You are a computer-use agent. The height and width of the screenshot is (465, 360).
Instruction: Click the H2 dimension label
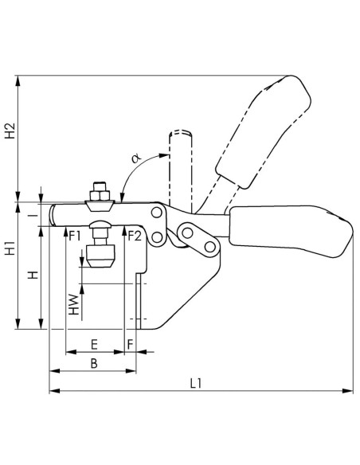tap(10, 131)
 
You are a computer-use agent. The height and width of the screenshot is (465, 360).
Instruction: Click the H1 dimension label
tap(10, 248)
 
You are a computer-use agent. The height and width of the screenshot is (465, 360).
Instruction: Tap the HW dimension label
tap(74, 305)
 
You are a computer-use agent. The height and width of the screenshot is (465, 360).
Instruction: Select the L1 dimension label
tap(196, 384)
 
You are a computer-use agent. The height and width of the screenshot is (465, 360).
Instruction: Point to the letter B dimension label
tap(94, 363)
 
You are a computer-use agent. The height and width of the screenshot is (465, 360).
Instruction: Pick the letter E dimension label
tap(94, 345)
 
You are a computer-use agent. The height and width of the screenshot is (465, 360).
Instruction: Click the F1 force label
tap(75, 236)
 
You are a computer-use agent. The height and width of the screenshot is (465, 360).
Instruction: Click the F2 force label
tap(135, 236)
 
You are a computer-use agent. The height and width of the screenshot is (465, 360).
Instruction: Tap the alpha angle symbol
tap(136, 158)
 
